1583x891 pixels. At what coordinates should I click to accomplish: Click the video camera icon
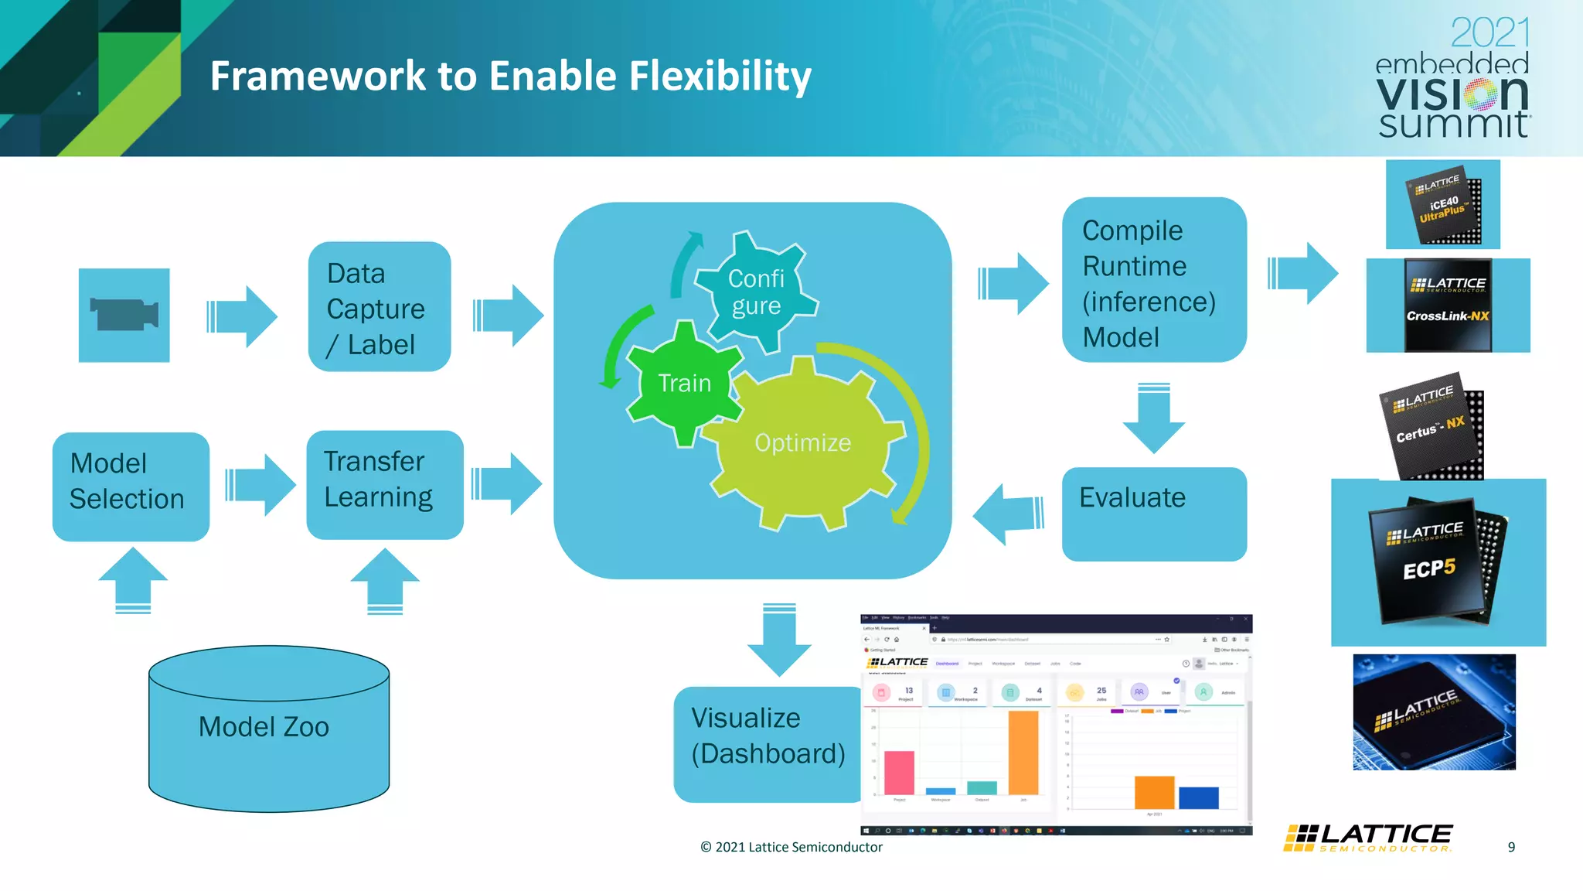(124, 315)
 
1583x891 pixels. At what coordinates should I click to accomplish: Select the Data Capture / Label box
(379, 307)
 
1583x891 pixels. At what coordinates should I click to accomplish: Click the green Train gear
(684, 383)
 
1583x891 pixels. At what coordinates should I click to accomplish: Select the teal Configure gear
(756, 291)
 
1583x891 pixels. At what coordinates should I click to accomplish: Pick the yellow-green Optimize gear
(804, 443)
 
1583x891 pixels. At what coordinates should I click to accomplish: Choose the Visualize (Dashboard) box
(767, 743)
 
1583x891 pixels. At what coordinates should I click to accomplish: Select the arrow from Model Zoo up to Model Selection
(133, 580)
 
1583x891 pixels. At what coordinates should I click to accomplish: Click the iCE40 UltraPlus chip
(1442, 205)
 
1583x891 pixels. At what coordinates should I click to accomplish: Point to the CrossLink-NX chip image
(1448, 306)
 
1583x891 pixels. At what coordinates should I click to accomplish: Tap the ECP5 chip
(1436, 562)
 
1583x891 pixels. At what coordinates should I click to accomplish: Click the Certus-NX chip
(1432, 429)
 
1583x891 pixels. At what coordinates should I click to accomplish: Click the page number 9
(1511, 847)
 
